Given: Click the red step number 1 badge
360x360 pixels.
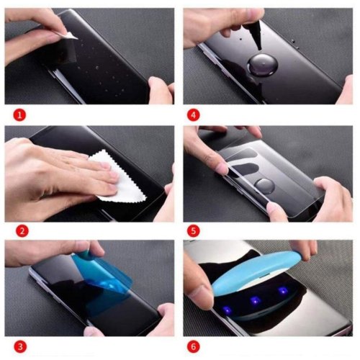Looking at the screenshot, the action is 19,115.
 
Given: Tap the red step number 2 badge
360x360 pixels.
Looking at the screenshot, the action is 22,231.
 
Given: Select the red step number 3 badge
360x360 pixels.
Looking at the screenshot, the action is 20,347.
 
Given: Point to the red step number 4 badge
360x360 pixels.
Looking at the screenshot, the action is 193,115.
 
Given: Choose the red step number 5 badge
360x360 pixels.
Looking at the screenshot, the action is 193,231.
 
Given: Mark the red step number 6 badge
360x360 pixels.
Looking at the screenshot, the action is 193,347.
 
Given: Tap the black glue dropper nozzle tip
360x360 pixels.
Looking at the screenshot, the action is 259,49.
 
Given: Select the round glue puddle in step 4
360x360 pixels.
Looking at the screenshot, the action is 263,66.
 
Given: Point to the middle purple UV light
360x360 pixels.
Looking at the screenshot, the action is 255,300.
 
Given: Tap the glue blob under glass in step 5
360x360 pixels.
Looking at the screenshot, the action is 264,186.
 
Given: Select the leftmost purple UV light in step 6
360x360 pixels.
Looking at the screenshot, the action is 228,310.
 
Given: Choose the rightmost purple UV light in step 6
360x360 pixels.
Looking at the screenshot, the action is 283,290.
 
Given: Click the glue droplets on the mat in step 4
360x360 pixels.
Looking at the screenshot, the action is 294,44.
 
